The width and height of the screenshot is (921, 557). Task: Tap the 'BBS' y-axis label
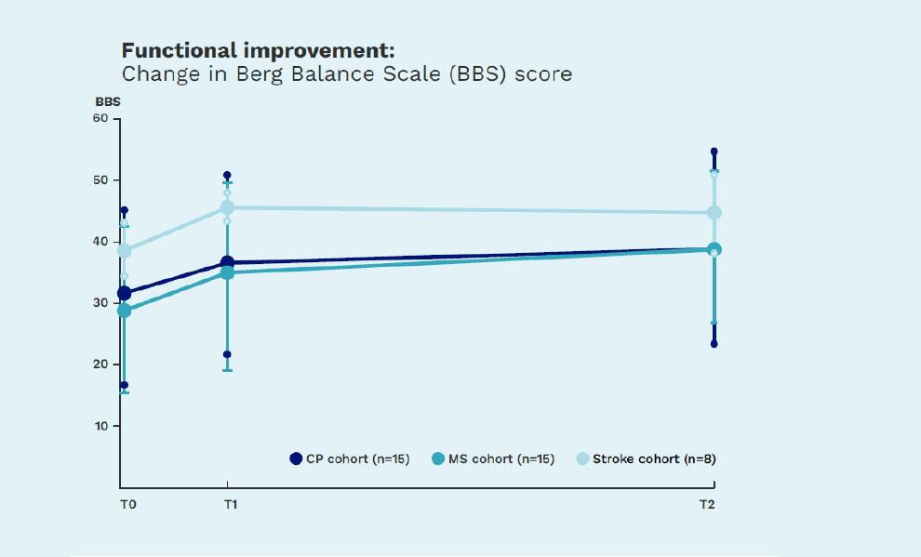[x=108, y=101]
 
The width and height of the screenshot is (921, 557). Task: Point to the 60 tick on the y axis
[x=100, y=119]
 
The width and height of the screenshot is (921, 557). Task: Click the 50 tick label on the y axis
[x=100, y=180]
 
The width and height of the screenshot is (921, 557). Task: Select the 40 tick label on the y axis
[x=100, y=242]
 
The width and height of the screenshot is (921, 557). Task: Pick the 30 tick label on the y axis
[x=100, y=303]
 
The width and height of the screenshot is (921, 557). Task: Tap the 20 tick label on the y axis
[x=100, y=365]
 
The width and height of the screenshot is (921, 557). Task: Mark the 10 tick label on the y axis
[x=100, y=426]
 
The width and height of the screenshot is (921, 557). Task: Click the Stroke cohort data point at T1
[x=228, y=207]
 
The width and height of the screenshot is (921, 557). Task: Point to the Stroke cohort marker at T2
[x=714, y=212]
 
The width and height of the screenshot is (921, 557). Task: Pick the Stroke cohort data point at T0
[x=124, y=251]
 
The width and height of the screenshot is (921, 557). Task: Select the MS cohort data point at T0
[x=124, y=311]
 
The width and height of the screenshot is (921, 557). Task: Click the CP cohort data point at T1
[x=228, y=263]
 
